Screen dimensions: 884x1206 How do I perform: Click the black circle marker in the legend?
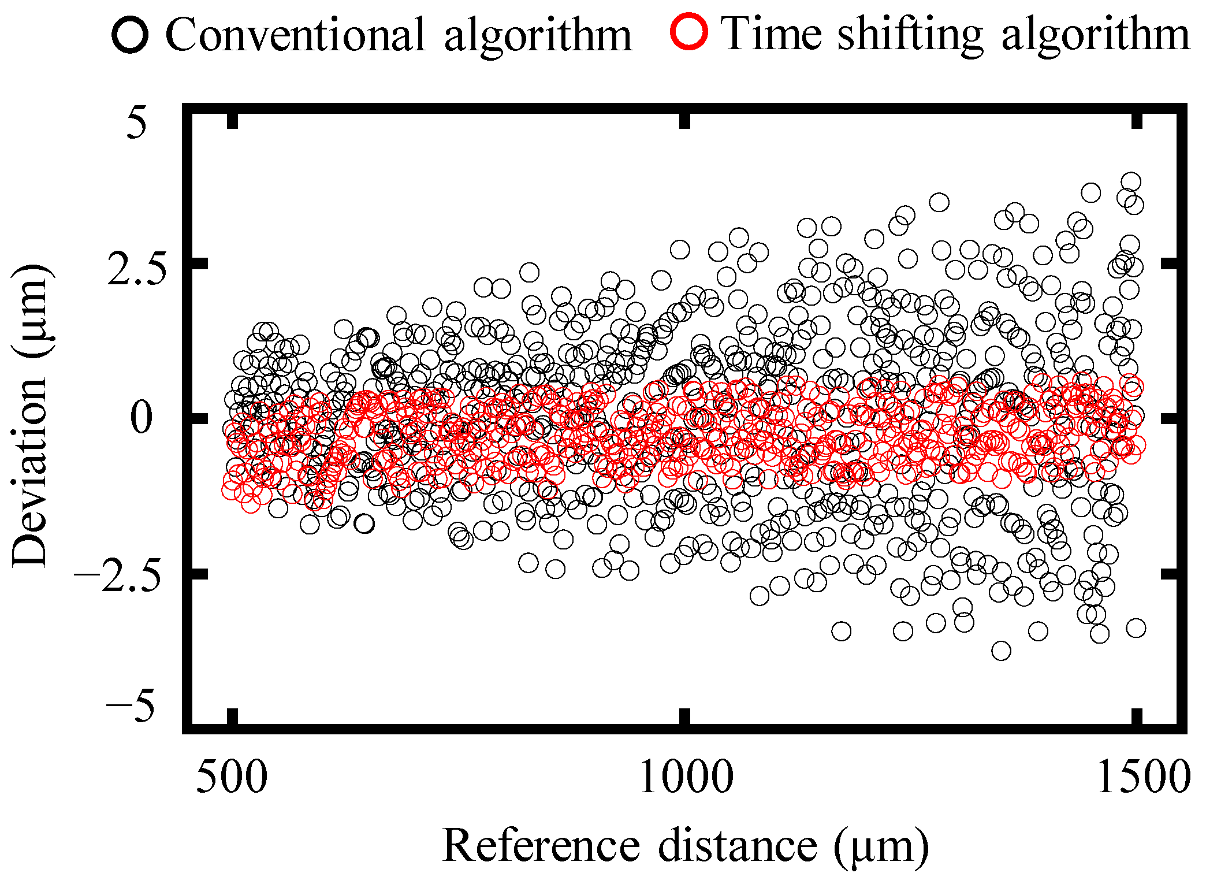(131, 35)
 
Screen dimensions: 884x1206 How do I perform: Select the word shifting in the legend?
(910, 36)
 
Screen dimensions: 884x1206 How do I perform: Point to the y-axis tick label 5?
(137, 123)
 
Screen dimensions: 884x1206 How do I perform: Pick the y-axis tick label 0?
(141, 418)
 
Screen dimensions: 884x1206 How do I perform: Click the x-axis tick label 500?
(232, 777)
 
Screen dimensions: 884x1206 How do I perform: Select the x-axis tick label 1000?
(686, 777)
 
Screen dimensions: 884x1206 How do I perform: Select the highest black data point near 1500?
(1130, 182)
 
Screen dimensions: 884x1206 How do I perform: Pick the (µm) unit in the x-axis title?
(881, 847)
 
